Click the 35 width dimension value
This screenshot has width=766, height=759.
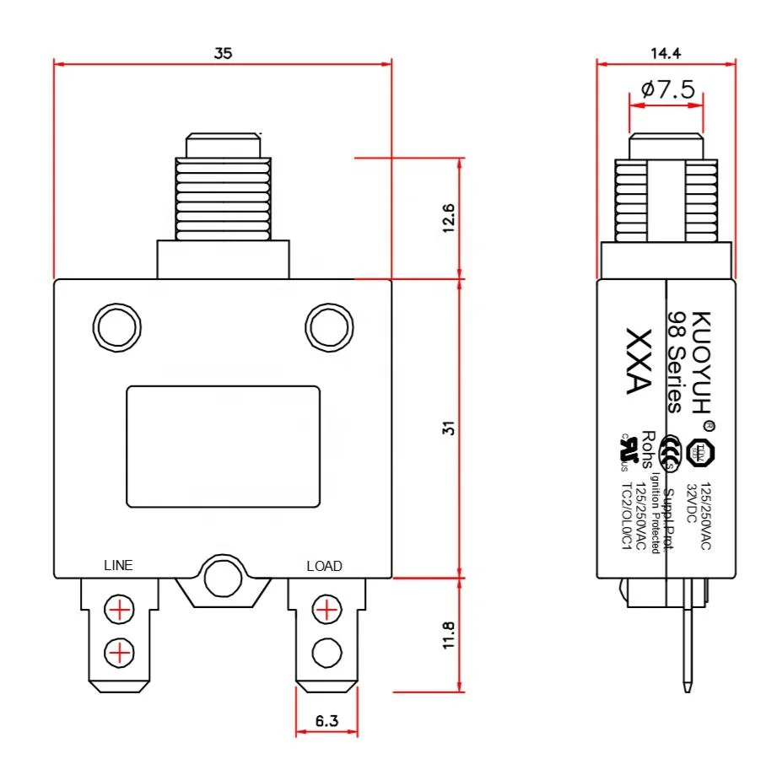click(223, 52)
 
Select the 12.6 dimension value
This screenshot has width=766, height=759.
click(450, 218)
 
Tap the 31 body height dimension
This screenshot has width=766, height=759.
click(450, 428)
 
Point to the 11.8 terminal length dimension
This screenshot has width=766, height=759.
click(450, 635)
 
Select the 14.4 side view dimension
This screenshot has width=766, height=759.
click(666, 52)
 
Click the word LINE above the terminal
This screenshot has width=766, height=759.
click(118, 565)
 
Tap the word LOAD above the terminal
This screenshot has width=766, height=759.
click(324, 566)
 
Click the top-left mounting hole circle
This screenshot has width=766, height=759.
click(115, 325)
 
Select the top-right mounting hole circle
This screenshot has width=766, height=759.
click(326, 325)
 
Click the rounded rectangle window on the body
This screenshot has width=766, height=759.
click(223, 447)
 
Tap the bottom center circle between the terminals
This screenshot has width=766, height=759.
click(223, 579)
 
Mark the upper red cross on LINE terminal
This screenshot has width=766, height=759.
click(120, 608)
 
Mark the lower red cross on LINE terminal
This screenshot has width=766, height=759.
click(120, 650)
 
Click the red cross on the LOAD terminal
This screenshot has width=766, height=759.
click(326, 608)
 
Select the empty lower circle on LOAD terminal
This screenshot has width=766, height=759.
click(326, 650)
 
